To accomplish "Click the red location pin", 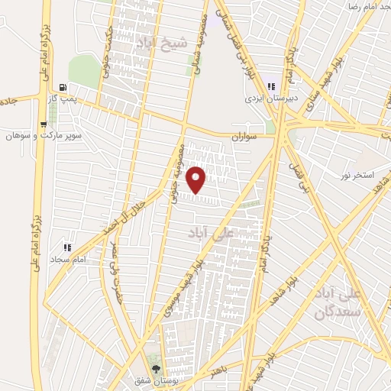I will pos(197,179).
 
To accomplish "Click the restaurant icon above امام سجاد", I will pos(67,247).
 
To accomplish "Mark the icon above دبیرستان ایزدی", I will pos(271,86).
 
